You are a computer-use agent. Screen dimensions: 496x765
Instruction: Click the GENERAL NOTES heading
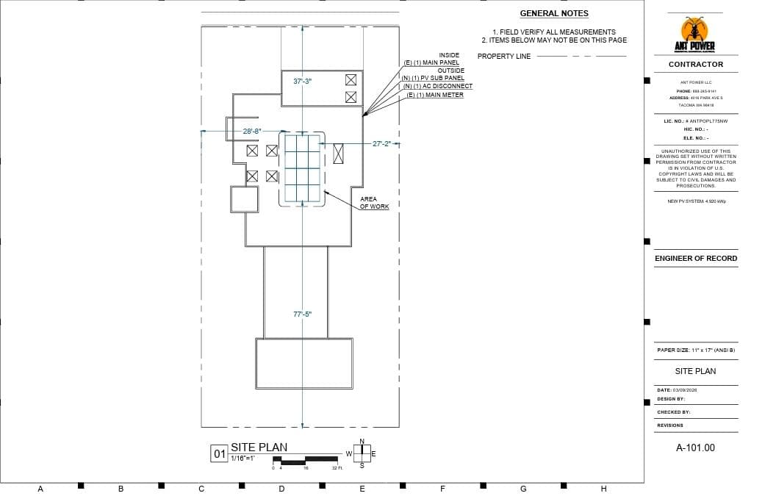tap(554, 13)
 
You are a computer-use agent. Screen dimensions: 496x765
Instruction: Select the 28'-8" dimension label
tap(252, 131)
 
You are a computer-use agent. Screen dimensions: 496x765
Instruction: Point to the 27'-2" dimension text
tap(382, 144)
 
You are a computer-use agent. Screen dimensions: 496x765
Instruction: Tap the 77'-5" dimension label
tap(303, 314)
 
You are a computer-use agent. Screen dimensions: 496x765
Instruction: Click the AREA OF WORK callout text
tap(374, 203)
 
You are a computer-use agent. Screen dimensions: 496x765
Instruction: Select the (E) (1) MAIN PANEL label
tap(431, 63)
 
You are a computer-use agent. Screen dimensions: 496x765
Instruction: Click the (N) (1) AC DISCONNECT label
tap(438, 86)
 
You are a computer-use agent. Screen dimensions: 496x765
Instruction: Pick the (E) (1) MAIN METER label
tap(435, 95)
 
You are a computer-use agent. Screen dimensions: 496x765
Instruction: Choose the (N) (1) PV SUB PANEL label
tap(434, 78)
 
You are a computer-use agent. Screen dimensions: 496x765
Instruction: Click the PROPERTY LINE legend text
tap(504, 57)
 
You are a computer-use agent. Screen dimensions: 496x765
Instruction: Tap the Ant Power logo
tap(694, 35)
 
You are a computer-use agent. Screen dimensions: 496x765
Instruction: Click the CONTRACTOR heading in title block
tap(695, 65)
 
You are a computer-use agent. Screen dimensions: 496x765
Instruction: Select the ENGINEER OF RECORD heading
tap(695, 259)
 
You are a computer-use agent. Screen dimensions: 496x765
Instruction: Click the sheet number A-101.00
tap(695, 448)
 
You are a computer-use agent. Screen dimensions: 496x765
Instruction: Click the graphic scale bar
tap(305, 461)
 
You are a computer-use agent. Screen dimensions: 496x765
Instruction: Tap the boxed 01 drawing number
tap(219, 454)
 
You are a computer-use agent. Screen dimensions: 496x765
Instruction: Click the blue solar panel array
tap(303, 168)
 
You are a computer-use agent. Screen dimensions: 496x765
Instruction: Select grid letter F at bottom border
tap(442, 489)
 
